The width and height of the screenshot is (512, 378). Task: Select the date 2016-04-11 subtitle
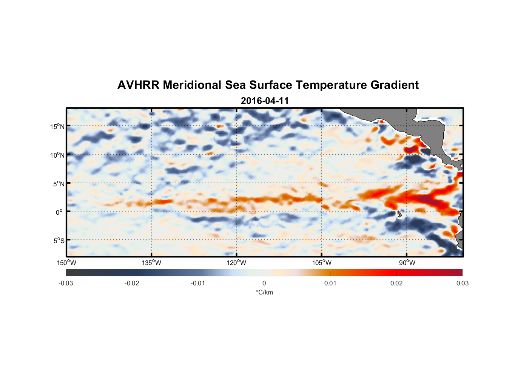[x=265, y=101]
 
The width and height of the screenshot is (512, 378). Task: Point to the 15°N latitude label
[x=57, y=126]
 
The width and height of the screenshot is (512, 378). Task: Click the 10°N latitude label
[x=57, y=155]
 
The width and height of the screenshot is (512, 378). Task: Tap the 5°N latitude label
[x=59, y=184]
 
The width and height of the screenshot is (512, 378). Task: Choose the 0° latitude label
[x=59, y=212]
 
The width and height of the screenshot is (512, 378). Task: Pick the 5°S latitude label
[x=59, y=241]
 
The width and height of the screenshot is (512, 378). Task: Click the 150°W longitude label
[x=66, y=263]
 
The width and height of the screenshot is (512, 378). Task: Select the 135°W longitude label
[x=151, y=263]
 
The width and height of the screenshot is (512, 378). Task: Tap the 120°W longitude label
[x=237, y=263]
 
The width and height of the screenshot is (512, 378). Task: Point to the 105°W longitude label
[x=322, y=263]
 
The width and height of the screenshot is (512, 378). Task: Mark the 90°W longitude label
[x=407, y=263]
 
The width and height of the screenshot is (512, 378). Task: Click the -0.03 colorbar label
[x=66, y=283]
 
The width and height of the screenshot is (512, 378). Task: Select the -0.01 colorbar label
[x=198, y=283]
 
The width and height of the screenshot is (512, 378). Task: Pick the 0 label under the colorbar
[x=264, y=283]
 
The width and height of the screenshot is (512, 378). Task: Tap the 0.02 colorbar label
[x=396, y=283]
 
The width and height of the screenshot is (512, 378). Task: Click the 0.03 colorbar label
[x=462, y=283]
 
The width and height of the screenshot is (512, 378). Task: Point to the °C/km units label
[x=264, y=292]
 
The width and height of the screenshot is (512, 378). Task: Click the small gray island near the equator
[x=399, y=214]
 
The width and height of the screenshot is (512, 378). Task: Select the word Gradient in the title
[x=395, y=85]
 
